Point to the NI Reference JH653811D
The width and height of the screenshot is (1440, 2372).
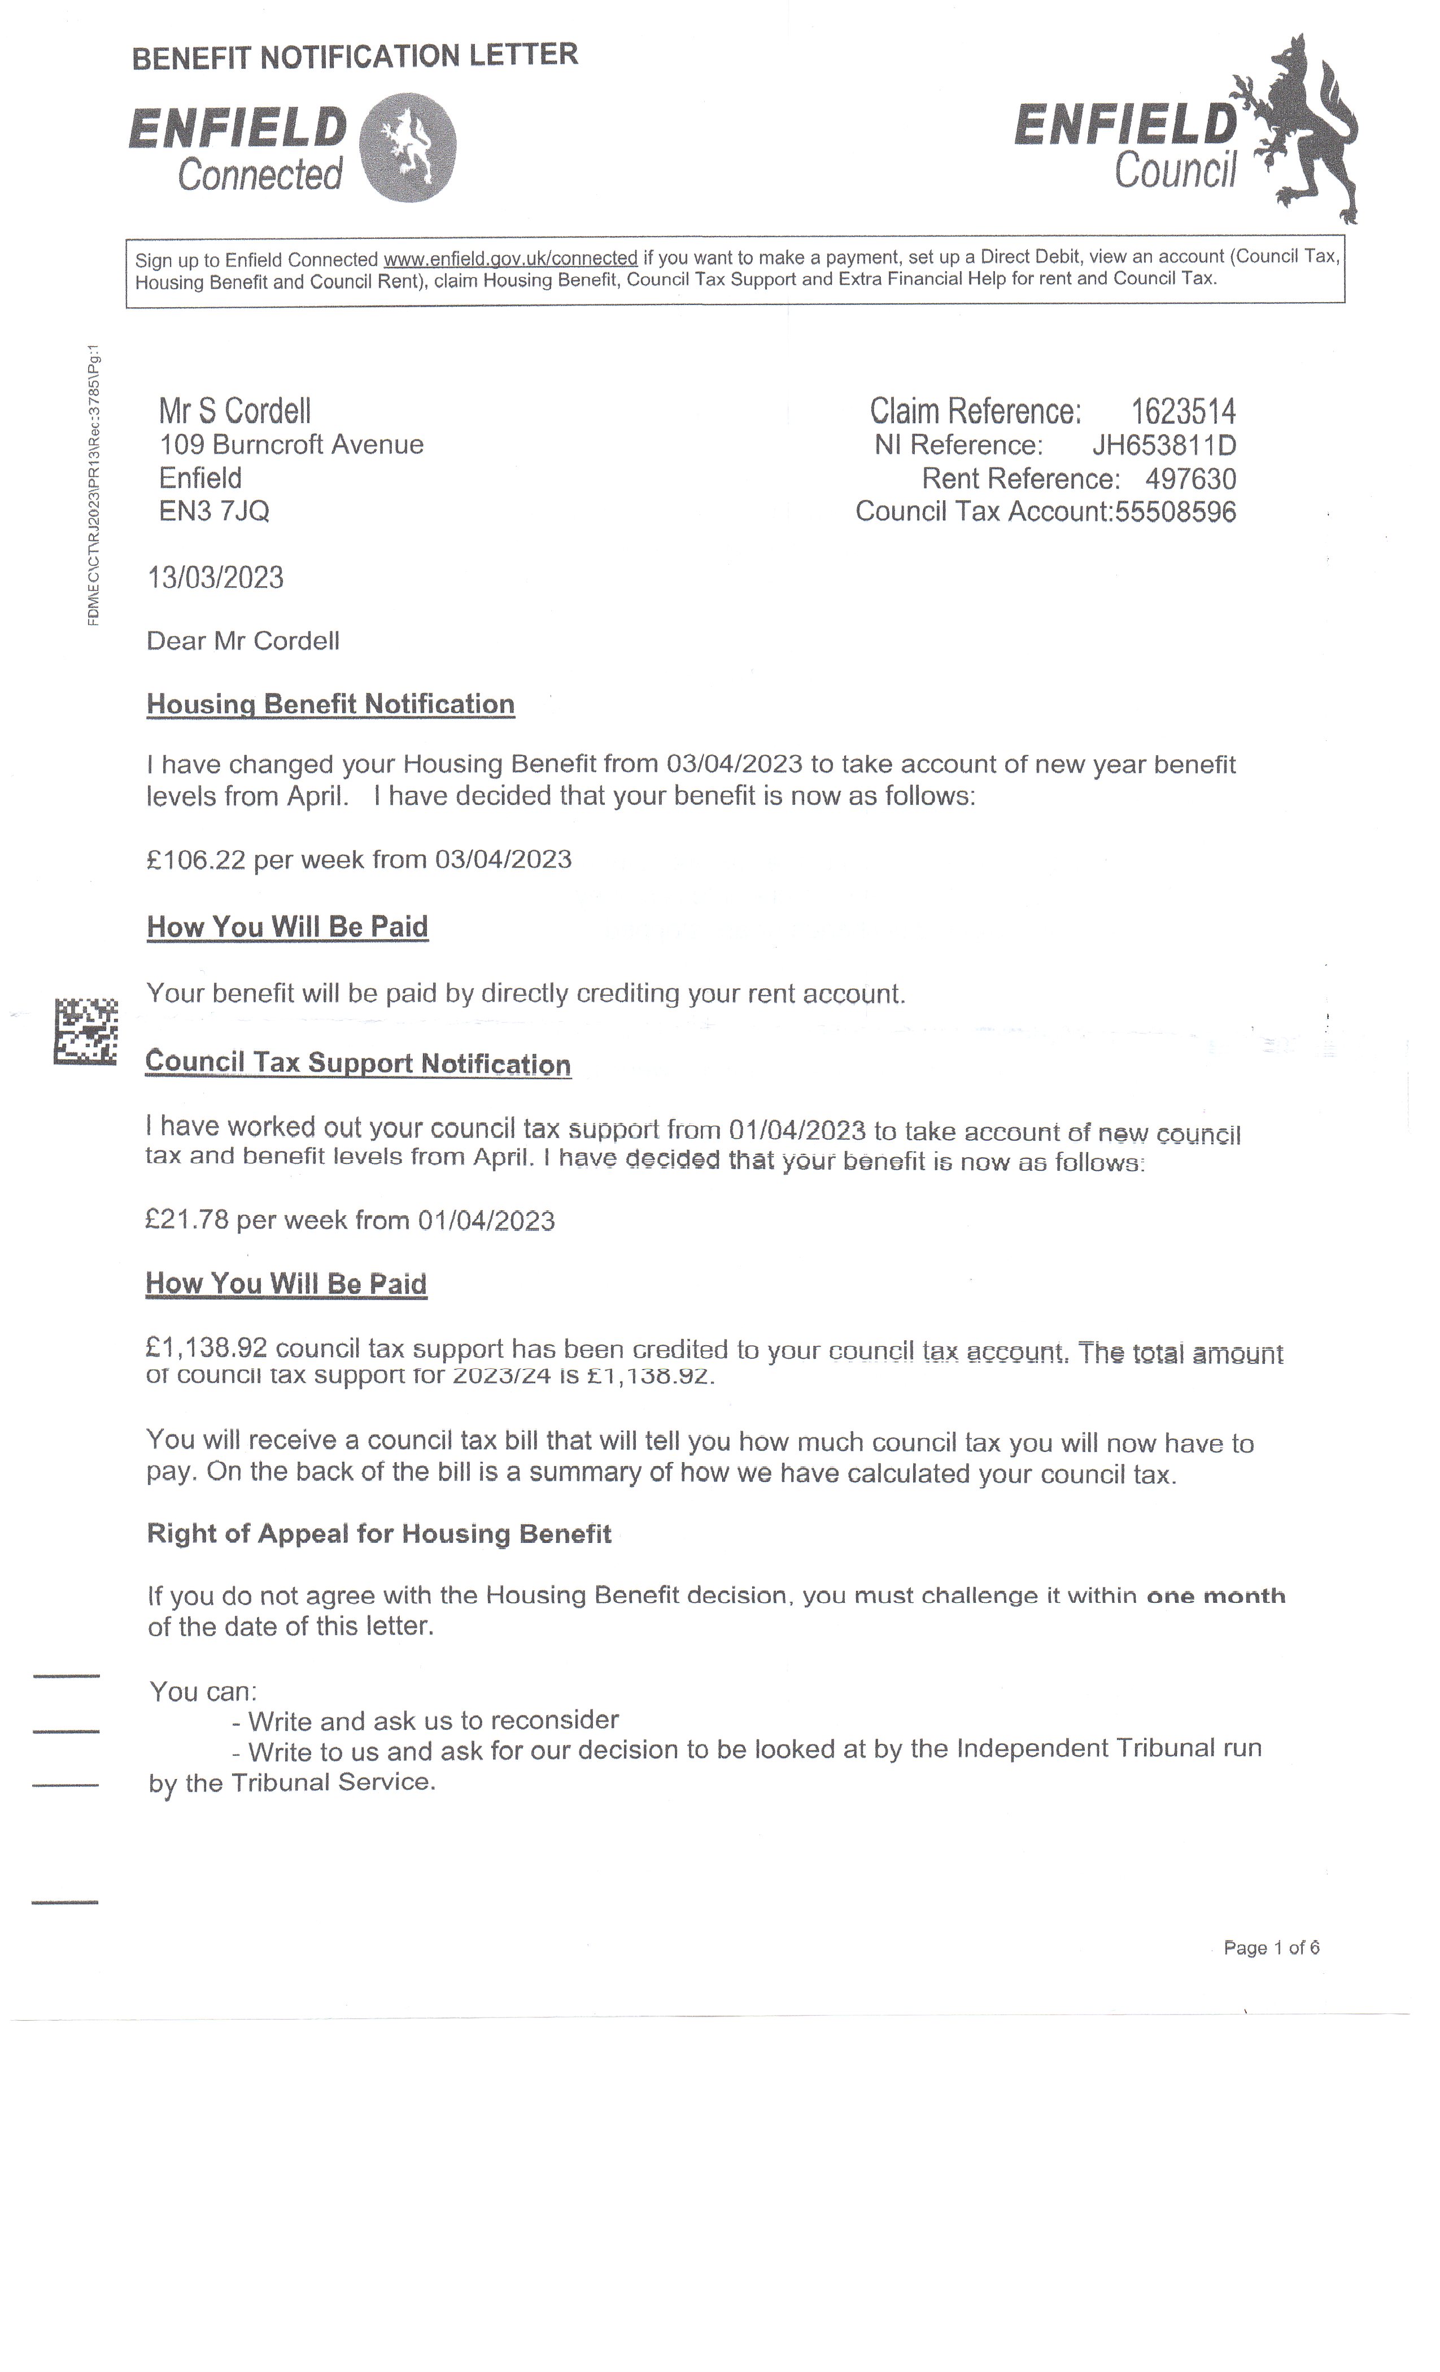click(1164, 445)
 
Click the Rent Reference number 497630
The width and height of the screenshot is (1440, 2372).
click(1191, 478)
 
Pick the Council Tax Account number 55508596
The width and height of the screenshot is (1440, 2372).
click(1175, 511)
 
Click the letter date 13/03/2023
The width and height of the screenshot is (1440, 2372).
click(216, 578)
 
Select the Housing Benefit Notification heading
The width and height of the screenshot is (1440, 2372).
click(330, 704)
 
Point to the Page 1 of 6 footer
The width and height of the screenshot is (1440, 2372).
click(1271, 1947)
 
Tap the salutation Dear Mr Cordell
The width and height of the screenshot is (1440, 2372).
click(243, 641)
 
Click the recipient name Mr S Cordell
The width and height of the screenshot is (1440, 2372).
click(235, 411)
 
